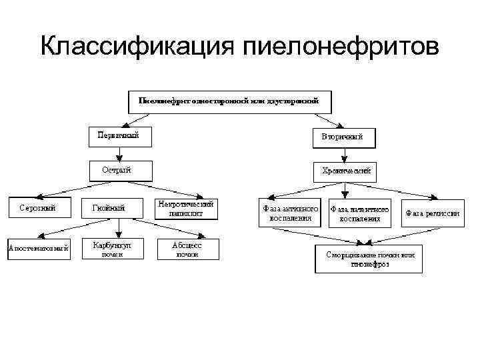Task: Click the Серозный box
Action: coord(37,207)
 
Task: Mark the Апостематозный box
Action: coord(38,249)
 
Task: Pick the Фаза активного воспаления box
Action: coord(291,213)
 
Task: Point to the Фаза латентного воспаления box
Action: coord(360,213)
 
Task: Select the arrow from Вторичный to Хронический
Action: coord(344,155)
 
